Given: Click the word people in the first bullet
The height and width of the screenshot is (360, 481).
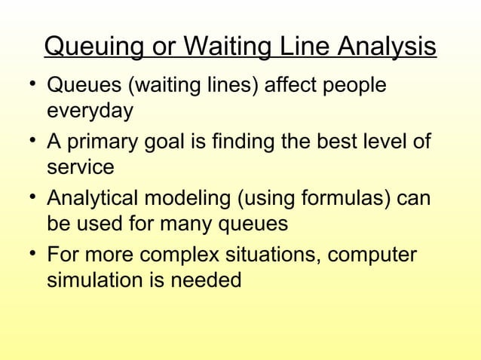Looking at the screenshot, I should [349, 86].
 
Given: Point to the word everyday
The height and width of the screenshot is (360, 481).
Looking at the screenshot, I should [90, 111].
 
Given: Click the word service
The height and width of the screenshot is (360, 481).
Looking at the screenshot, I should [81, 166].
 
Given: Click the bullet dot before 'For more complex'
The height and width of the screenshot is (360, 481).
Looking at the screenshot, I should [27, 251].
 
